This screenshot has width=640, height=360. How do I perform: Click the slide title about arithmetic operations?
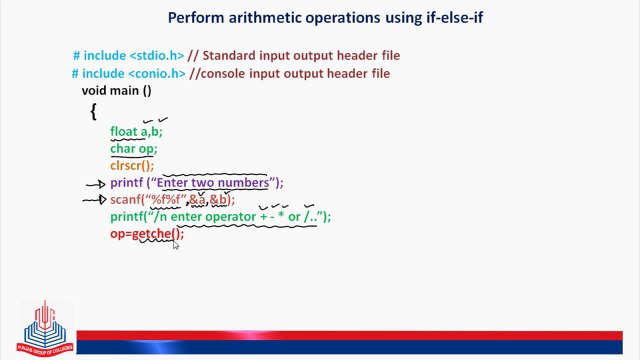pos(319,17)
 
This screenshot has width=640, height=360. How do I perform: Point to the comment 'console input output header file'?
pos(306,74)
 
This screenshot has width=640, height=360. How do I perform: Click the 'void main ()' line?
pos(116,91)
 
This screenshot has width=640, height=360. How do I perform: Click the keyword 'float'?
pos(124,131)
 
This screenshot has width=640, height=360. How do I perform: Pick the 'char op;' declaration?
pos(134,149)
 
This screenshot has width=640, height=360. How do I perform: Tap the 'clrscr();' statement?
pos(132,166)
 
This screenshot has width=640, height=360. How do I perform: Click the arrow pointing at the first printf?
pos(95,184)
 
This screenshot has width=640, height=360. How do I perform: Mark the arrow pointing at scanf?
pos(95,200)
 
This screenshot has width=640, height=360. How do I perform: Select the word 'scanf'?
pos(126,200)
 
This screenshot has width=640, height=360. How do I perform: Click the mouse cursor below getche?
pos(175,243)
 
